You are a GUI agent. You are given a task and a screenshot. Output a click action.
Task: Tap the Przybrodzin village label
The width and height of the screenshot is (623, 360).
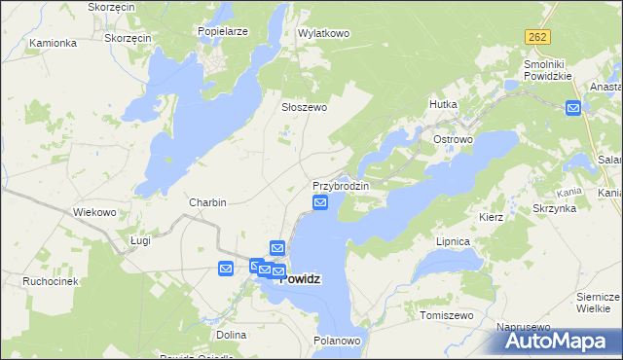click(x=340, y=185)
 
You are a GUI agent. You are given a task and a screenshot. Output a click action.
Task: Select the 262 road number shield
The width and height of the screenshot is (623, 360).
click(x=537, y=37)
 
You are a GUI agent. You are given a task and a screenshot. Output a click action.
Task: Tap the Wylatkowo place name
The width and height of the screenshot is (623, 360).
click(x=323, y=33)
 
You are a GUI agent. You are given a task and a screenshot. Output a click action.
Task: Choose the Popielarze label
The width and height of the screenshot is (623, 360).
click(x=223, y=31)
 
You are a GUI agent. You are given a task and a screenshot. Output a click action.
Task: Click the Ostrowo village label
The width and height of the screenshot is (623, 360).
click(x=453, y=140)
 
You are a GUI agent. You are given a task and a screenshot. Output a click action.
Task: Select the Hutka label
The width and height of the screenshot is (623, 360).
click(x=443, y=103)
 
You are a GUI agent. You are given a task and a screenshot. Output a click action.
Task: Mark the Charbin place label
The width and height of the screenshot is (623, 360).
click(x=207, y=202)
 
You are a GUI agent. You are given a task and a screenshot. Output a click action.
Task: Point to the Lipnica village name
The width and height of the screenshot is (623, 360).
click(x=454, y=240)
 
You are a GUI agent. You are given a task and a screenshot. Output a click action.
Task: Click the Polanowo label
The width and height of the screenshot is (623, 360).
click(x=338, y=341)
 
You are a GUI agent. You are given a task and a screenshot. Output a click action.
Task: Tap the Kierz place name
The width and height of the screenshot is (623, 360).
click(x=491, y=217)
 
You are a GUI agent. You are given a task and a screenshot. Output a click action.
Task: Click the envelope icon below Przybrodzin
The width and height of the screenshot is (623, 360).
click(x=320, y=202)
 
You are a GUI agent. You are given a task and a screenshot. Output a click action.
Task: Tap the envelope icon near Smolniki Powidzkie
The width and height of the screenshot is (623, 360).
click(x=573, y=109)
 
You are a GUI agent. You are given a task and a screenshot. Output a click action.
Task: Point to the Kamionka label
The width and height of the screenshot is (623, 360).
click(x=53, y=43)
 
